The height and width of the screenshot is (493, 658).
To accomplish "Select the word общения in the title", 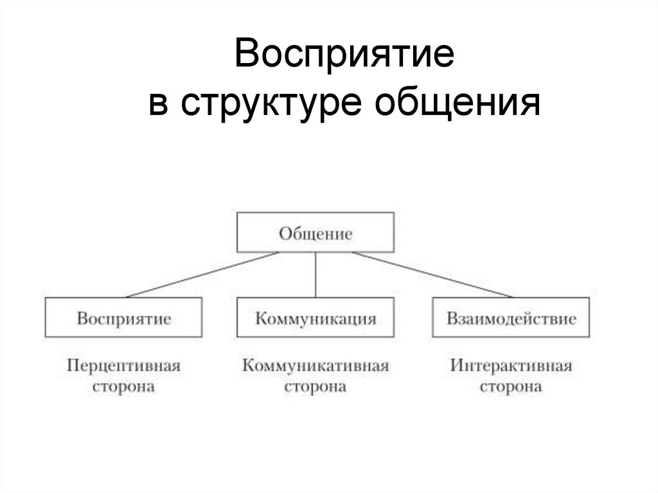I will [458, 103].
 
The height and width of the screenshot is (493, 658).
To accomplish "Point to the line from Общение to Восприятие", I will [202, 275].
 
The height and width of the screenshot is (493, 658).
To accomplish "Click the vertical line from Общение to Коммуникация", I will [316, 275].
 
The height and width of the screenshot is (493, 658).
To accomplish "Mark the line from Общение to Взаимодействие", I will [432, 275].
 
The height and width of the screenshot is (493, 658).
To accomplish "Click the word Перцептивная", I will [123, 366].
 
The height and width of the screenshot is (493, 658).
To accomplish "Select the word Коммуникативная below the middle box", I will [316, 366].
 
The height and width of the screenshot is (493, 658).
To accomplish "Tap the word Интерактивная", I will [511, 366].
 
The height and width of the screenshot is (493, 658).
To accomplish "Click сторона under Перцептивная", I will [123, 388].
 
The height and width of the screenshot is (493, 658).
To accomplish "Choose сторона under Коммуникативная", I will [316, 388].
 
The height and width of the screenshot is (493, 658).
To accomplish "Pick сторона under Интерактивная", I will [511, 388].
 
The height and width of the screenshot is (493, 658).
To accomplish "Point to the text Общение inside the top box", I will [315, 233].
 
